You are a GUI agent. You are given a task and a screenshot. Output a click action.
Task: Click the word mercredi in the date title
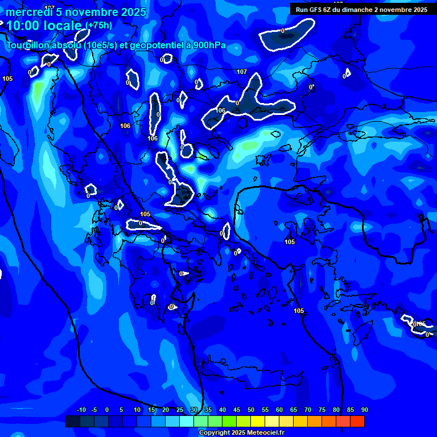coord(28,12)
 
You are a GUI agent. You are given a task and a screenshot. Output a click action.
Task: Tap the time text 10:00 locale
coord(44,26)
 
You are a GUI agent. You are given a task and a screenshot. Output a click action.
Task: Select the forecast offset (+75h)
coord(99,25)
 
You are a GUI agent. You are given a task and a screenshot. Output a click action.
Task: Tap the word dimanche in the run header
coord(357,10)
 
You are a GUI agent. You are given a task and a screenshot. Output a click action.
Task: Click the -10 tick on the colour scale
coord(81,410)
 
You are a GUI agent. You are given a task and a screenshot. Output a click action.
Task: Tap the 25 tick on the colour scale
coord(180,410)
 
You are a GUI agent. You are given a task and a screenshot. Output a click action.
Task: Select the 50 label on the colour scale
coord(251,410)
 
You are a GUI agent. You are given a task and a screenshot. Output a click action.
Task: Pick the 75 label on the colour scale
coord(322,410)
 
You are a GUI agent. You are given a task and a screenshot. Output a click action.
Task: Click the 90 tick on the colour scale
coord(364,410)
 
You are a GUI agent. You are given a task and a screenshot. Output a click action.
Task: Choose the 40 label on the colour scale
coord(222,410)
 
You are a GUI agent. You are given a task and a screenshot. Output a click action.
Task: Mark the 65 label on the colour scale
coord(294,410)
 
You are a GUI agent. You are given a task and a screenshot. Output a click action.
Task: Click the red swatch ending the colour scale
coord(357,421)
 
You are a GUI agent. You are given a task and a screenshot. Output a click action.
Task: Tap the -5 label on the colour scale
coord(94,410)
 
